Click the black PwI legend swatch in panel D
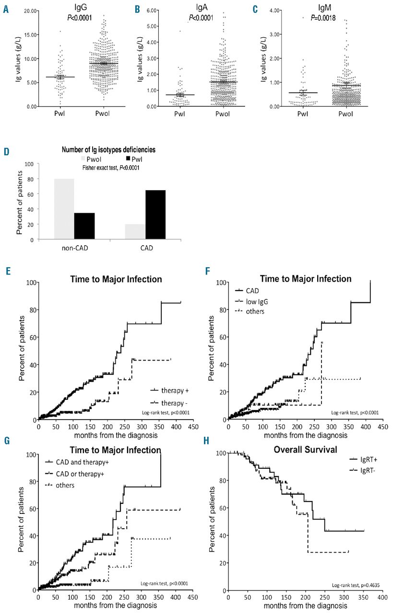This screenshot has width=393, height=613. [129, 159]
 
